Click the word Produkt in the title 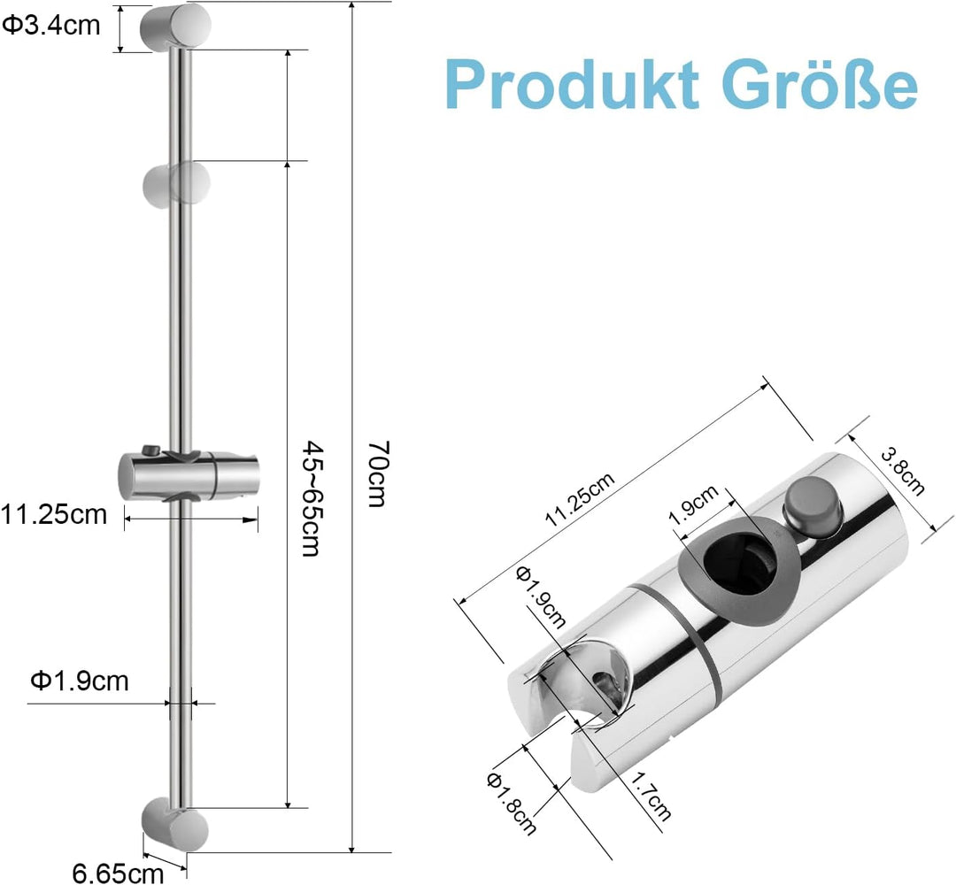[x=573, y=84]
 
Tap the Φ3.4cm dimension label [x=51, y=25]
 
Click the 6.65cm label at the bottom [x=119, y=873]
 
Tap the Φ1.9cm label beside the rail [x=80, y=681]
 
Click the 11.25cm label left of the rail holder [x=54, y=514]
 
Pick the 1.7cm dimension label [x=650, y=796]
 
